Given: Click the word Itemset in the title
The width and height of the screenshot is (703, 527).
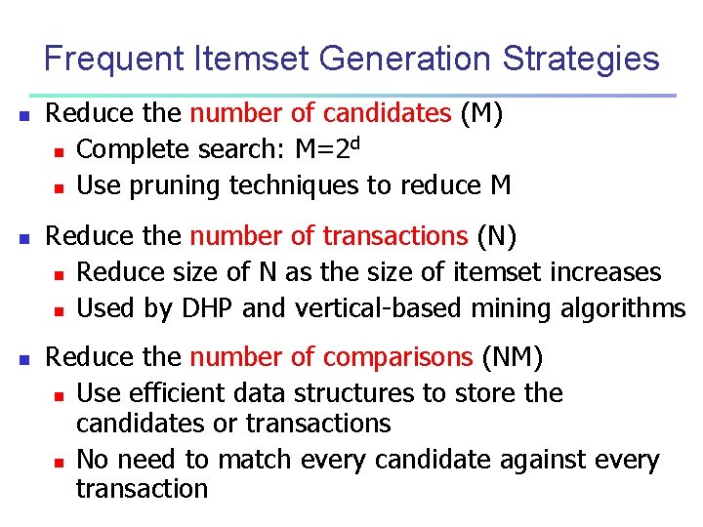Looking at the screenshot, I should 259,60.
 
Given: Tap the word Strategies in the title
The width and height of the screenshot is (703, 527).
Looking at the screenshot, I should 580,60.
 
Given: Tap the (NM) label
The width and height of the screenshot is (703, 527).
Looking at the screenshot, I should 512,357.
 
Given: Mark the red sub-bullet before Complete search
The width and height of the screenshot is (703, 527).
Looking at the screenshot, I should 59,151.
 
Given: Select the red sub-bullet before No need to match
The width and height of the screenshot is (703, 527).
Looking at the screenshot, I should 59,462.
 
